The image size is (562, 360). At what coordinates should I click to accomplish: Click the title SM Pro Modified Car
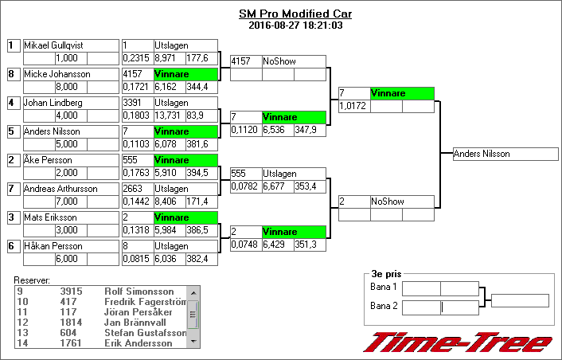pyautogui.click(x=295, y=14)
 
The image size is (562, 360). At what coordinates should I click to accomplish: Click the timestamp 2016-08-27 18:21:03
pyautogui.click(x=295, y=25)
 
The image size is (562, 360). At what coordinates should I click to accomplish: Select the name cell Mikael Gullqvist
pyautogui.click(x=70, y=45)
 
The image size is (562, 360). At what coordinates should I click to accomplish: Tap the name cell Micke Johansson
pyautogui.click(x=70, y=74)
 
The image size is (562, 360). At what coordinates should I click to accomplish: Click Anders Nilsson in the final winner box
pyautogui.click(x=505, y=154)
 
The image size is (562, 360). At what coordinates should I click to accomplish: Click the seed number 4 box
pyautogui.click(x=13, y=103)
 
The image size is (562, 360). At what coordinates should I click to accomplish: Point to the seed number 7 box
pyautogui.click(x=13, y=189)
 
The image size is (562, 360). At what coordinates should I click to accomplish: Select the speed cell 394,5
pyautogui.click(x=201, y=173)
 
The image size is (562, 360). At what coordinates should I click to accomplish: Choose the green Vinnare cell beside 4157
pyautogui.click(x=185, y=74)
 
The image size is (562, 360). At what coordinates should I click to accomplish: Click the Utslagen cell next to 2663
pyautogui.click(x=185, y=189)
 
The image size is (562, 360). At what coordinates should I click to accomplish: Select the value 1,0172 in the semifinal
pyautogui.click(x=353, y=106)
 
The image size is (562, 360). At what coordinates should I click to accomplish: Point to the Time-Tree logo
pyautogui.click(x=458, y=342)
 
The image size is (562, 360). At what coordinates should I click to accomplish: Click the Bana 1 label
pyautogui.click(x=384, y=286)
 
